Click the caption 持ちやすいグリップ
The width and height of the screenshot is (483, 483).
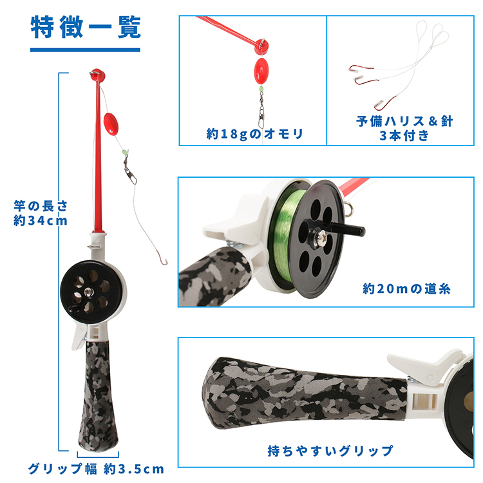[x=330, y=450]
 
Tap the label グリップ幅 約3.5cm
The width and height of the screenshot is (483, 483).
[x=95, y=468]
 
